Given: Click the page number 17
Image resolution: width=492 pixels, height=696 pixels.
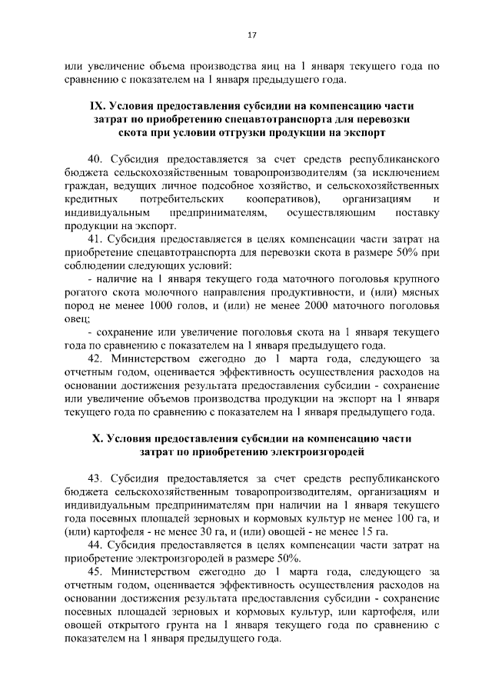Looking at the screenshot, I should tap(251, 35).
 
